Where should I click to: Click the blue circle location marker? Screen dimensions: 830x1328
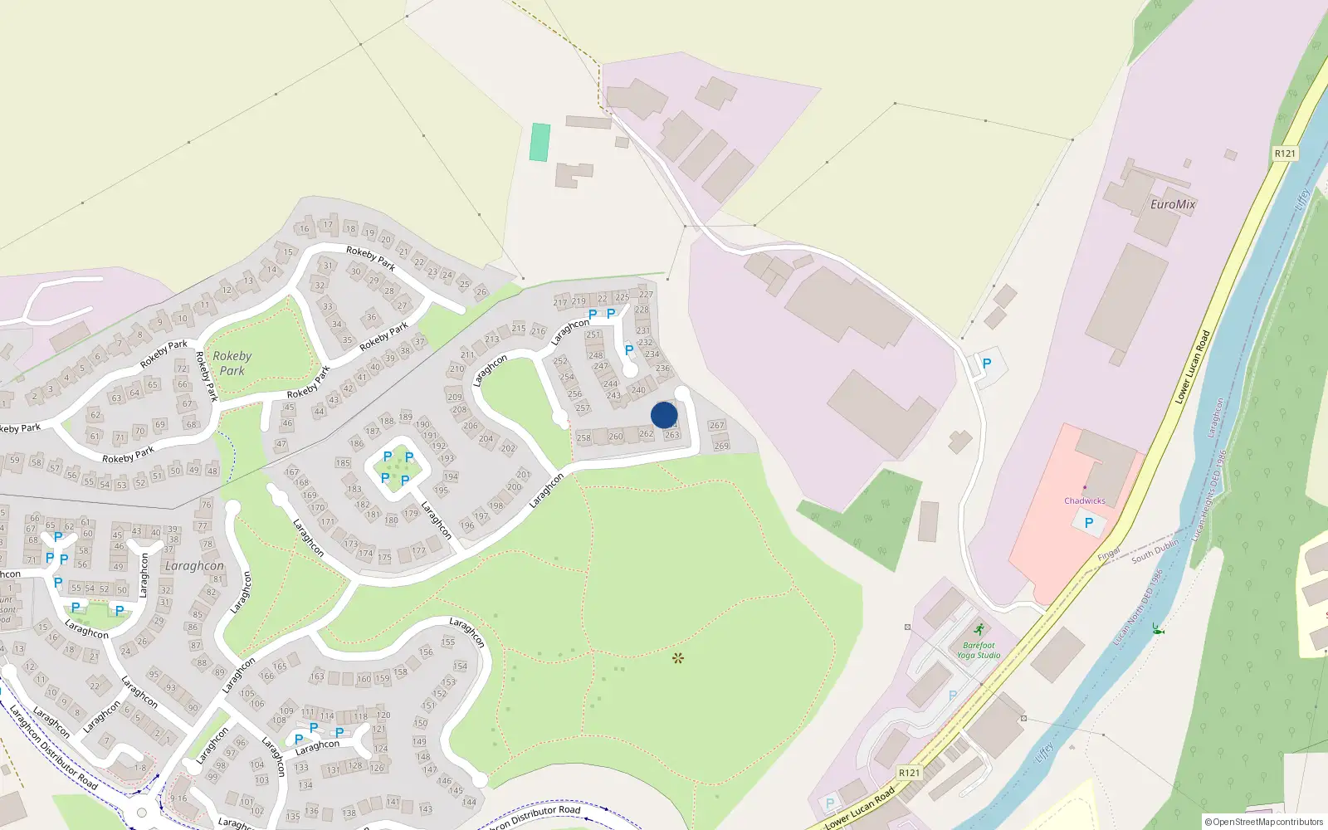[x=664, y=415]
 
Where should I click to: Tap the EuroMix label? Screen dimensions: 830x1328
[x=1173, y=204]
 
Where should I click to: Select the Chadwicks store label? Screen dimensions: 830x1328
[x=1085, y=500]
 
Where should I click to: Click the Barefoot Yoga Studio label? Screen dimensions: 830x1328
[x=979, y=650]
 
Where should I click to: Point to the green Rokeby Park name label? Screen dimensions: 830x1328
[x=232, y=364]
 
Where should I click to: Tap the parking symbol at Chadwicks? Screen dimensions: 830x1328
[x=1089, y=523]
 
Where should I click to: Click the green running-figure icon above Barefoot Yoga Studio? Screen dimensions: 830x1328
[x=979, y=629]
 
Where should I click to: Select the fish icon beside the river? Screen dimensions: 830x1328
[x=1157, y=629]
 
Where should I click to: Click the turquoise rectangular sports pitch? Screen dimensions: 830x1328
[x=539, y=142]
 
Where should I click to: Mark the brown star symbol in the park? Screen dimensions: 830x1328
[x=678, y=658]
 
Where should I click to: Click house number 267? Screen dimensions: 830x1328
[x=717, y=425]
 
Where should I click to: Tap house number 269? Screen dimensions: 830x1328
[x=721, y=446]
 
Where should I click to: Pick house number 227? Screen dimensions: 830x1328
[x=646, y=295]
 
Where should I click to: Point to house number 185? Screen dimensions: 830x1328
[x=343, y=462]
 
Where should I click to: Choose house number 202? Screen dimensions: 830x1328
[x=508, y=448]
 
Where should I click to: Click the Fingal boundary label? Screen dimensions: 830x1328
[x=1109, y=554]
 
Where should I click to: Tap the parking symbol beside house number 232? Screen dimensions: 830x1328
[x=629, y=349]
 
